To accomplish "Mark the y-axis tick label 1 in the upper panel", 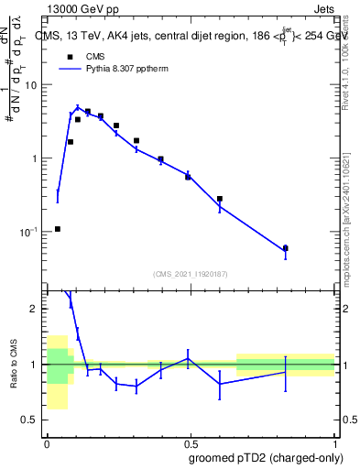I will click(37, 158).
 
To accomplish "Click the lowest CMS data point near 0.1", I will click(58, 229).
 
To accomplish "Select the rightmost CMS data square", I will click(286, 248).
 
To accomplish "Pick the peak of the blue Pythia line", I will click(78, 107).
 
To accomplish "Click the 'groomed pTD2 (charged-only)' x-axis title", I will click(265, 458).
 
